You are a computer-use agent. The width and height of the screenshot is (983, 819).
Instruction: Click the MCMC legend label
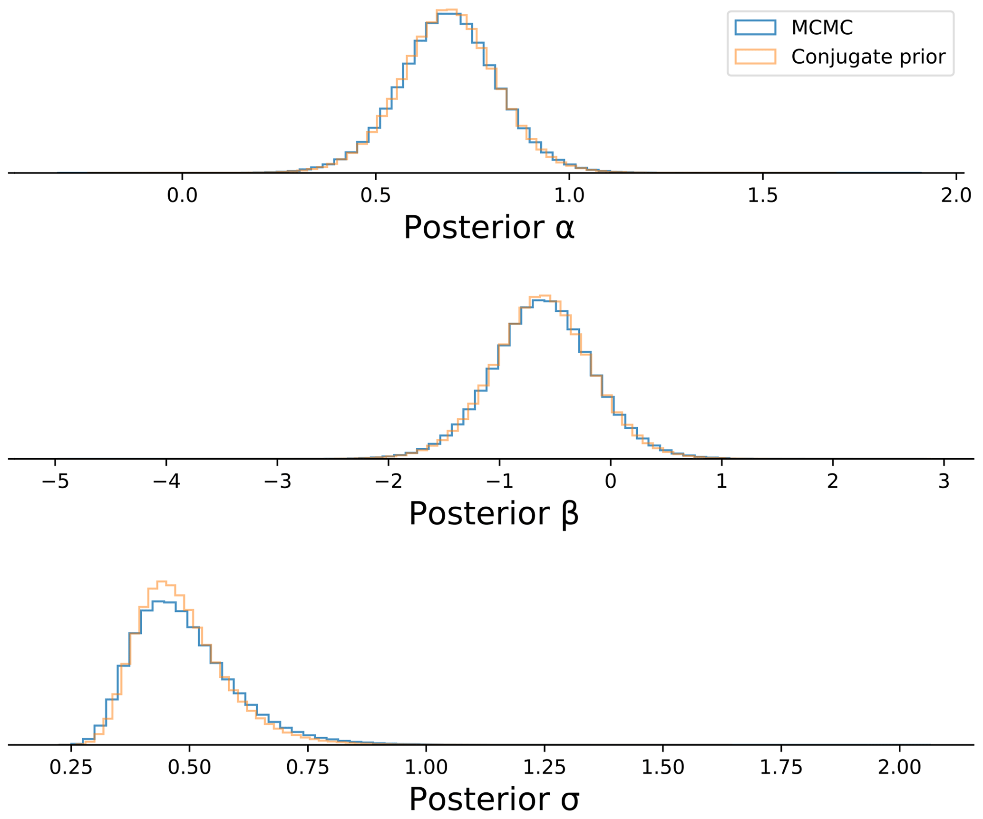(x=822, y=28)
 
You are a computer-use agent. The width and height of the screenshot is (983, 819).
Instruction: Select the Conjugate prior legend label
(x=868, y=57)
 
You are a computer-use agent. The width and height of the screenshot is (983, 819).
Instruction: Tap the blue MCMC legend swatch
(x=755, y=28)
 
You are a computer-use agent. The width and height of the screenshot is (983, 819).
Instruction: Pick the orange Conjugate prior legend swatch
(x=755, y=57)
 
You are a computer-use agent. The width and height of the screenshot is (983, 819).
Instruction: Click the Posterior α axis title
(x=488, y=228)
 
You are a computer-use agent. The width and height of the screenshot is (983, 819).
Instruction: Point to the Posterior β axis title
(x=493, y=514)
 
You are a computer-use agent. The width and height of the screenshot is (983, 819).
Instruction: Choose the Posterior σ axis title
(x=494, y=799)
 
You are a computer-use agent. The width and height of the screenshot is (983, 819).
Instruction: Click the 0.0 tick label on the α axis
(x=182, y=195)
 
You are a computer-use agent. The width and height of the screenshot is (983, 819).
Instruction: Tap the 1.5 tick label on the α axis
(x=762, y=195)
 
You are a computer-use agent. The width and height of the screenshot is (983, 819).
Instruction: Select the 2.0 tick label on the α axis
(x=956, y=195)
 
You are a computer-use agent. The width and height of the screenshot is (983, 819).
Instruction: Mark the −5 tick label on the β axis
(x=55, y=482)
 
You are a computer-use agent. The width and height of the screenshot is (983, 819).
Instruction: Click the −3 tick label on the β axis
(x=277, y=482)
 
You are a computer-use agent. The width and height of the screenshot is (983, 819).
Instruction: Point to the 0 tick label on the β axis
(x=610, y=482)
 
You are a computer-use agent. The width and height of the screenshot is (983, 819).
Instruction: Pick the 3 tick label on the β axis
(x=944, y=482)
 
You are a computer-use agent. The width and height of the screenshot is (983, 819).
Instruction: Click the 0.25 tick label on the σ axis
(x=71, y=767)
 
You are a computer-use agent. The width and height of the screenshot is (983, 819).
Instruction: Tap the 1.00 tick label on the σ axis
(x=426, y=767)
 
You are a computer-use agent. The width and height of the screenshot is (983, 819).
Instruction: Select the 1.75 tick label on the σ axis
(x=781, y=767)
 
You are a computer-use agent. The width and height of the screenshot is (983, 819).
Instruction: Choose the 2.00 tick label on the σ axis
(x=899, y=767)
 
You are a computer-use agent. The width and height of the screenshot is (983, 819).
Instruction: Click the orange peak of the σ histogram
(x=161, y=582)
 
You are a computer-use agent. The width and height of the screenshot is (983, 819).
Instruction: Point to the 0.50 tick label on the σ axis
(x=189, y=767)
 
